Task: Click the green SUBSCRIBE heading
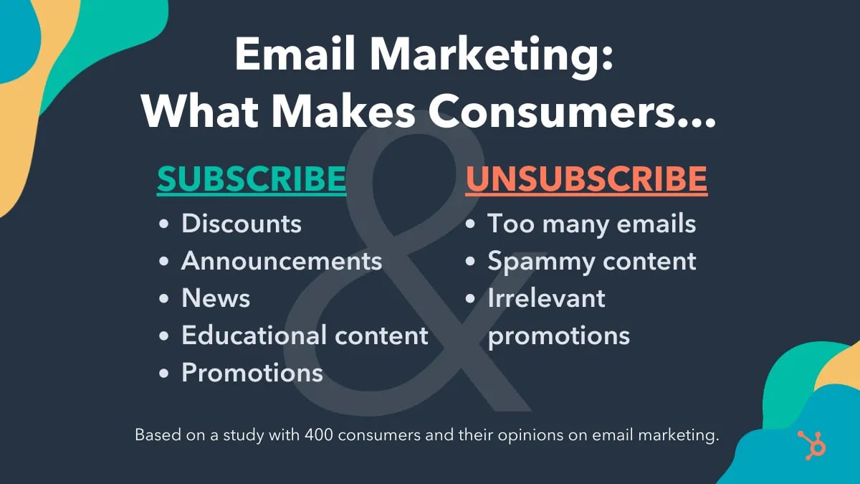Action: click(252, 179)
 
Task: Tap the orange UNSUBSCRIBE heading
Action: click(586, 179)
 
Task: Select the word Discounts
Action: click(242, 224)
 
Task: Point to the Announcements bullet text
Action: click(282, 261)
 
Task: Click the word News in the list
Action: click(216, 298)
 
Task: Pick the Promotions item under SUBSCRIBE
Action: click(252, 373)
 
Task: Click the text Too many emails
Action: click(591, 224)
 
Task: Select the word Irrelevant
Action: click(546, 298)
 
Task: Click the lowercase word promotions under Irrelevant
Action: click(559, 336)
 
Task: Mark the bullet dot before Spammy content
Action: click(471, 262)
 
